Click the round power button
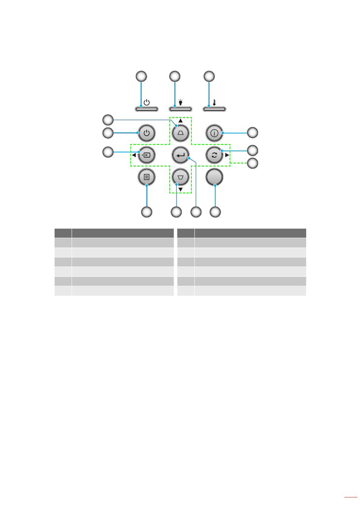click(x=147, y=133)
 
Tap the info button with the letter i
click(x=214, y=133)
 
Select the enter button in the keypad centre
click(x=180, y=155)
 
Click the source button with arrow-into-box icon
click(x=147, y=155)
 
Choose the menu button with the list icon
click(x=147, y=177)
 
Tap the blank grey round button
click(x=214, y=177)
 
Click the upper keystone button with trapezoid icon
click(x=180, y=133)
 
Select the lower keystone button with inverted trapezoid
click(x=180, y=177)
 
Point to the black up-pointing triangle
click(x=180, y=121)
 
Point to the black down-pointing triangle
click(x=180, y=189)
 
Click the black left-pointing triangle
click(x=134, y=155)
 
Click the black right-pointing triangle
click(x=227, y=155)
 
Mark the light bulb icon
click(x=181, y=102)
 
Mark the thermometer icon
click(x=214, y=102)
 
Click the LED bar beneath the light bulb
click(x=180, y=110)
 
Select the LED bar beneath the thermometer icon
click(x=214, y=110)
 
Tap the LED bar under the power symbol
click(x=147, y=110)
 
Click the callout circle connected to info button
click(x=252, y=133)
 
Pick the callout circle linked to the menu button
click(x=147, y=212)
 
